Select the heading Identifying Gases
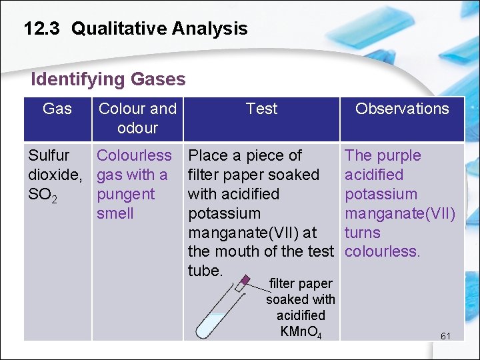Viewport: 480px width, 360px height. [108, 79]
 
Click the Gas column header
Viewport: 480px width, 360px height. [57, 109]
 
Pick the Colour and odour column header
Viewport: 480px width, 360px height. [137, 118]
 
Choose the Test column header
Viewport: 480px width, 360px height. [261, 109]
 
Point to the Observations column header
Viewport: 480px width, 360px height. [402, 109]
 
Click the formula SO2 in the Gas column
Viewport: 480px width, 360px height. [42, 195]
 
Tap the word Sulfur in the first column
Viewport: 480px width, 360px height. [49, 155]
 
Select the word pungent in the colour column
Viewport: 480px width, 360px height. [125, 194]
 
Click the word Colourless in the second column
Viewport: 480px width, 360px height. [134, 155]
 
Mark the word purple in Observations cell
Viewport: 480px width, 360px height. [398, 155]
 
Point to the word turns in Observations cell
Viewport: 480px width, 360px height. [362, 233]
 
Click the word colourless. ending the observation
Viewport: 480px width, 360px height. [382, 252]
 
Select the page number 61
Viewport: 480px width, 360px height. [445, 335]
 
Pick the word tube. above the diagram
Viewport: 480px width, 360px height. [205, 271]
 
